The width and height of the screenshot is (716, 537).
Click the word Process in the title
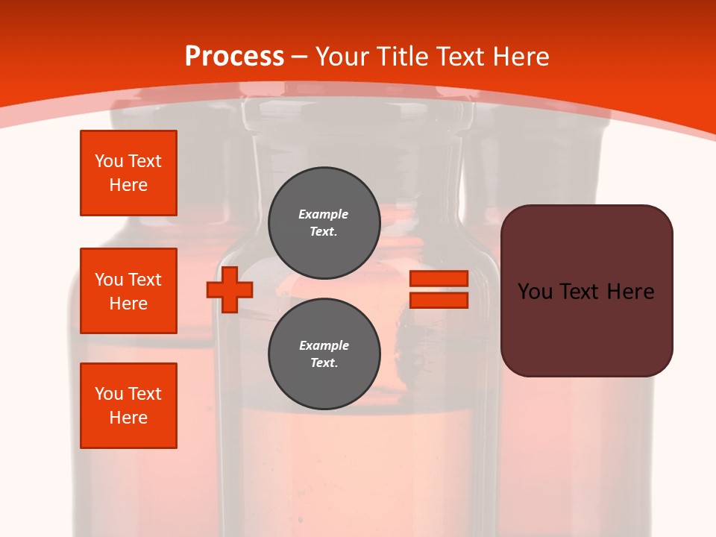(x=234, y=57)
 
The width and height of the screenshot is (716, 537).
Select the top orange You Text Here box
(x=128, y=173)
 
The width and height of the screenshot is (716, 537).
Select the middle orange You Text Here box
(x=128, y=291)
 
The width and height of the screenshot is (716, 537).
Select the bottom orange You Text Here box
(x=128, y=406)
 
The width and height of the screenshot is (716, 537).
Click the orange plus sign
(x=230, y=289)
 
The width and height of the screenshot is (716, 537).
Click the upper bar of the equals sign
(x=439, y=278)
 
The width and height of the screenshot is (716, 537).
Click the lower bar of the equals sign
(x=439, y=301)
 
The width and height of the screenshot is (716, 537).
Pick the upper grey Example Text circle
(x=324, y=222)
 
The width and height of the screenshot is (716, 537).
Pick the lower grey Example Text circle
(x=324, y=354)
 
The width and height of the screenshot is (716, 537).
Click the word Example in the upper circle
(x=324, y=214)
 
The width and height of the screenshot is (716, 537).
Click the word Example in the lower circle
(x=324, y=345)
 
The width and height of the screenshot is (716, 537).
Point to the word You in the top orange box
(x=109, y=161)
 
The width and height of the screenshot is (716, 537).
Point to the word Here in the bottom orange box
(x=128, y=418)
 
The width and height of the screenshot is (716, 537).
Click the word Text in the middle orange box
(x=145, y=280)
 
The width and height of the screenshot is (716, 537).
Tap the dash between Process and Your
(x=299, y=57)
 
